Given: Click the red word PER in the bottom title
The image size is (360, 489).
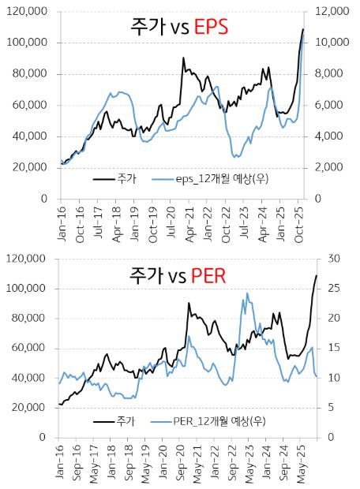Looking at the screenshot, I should (x=209, y=275).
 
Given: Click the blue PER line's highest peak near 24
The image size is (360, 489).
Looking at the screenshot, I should (x=247, y=293).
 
